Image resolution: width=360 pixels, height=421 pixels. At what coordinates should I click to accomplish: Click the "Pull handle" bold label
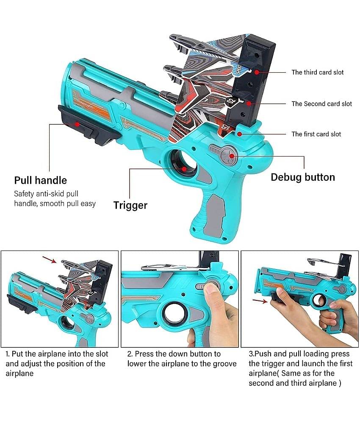[41, 180]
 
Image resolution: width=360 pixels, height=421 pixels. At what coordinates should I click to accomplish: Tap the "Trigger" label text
[130, 206]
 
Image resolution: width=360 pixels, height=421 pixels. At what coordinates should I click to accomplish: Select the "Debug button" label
[303, 177]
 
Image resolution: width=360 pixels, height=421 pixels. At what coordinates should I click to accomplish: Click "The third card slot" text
[317, 72]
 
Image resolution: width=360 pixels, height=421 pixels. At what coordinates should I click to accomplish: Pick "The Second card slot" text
[321, 104]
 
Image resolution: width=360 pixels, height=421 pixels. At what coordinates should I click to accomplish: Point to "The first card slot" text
[316, 134]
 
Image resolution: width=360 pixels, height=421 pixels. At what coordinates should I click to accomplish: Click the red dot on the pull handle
[77, 124]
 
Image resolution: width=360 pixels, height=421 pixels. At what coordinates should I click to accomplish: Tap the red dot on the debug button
[232, 156]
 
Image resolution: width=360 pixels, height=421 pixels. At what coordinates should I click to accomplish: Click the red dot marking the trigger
[184, 168]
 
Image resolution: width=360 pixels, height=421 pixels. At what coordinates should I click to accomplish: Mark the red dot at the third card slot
[257, 72]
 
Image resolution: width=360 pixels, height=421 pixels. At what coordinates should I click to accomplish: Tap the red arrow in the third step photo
[260, 301]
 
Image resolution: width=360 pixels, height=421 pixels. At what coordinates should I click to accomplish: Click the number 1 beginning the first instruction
[8, 354]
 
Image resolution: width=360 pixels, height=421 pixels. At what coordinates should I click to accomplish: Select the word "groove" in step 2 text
[223, 364]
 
